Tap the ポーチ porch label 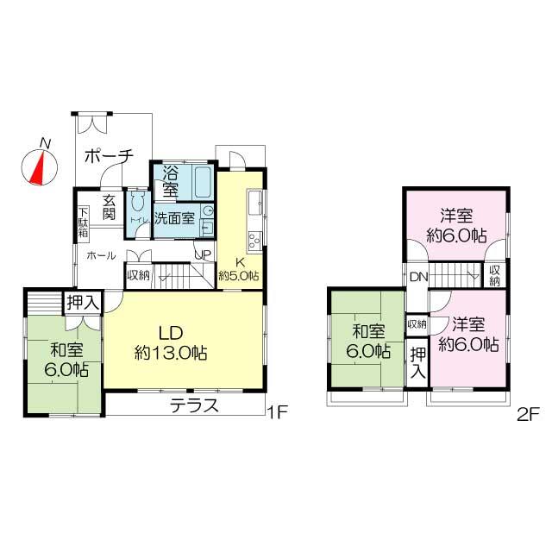coord(110,157)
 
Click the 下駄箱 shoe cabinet coord(83,223)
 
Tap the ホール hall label coord(101,255)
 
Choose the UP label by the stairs coord(203,254)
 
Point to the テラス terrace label coord(193,406)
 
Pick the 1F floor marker coord(276,413)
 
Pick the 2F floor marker coord(528,413)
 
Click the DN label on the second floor coord(418,277)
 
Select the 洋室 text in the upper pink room coord(455,216)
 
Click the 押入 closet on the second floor coord(417,362)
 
